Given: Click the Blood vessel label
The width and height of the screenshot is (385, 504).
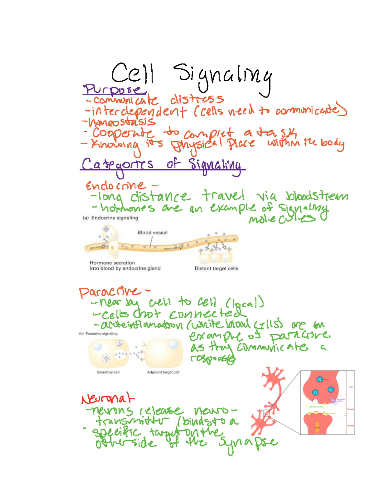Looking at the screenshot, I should click(x=152, y=233).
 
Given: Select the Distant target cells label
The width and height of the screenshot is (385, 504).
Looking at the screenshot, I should click(x=217, y=268).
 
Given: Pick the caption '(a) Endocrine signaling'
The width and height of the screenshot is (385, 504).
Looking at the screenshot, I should click(x=110, y=218).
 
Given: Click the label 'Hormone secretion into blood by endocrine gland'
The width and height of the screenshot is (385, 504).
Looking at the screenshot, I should click(x=125, y=265).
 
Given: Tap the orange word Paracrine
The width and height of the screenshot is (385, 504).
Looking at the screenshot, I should click(x=110, y=292).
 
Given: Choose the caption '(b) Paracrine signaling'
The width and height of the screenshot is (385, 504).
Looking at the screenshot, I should click(x=98, y=334).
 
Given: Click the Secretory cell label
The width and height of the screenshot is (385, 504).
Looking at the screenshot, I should click(x=108, y=372).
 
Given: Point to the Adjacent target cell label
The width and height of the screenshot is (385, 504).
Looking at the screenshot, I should click(x=163, y=372).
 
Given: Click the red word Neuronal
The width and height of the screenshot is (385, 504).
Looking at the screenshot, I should click(x=107, y=399).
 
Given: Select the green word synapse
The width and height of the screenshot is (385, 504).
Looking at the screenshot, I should click(x=247, y=443).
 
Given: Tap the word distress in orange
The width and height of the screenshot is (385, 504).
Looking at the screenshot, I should click(x=197, y=100).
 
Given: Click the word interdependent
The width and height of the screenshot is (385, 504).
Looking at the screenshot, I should click(x=139, y=111).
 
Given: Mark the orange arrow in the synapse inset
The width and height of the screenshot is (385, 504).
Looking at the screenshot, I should click(x=317, y=428).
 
